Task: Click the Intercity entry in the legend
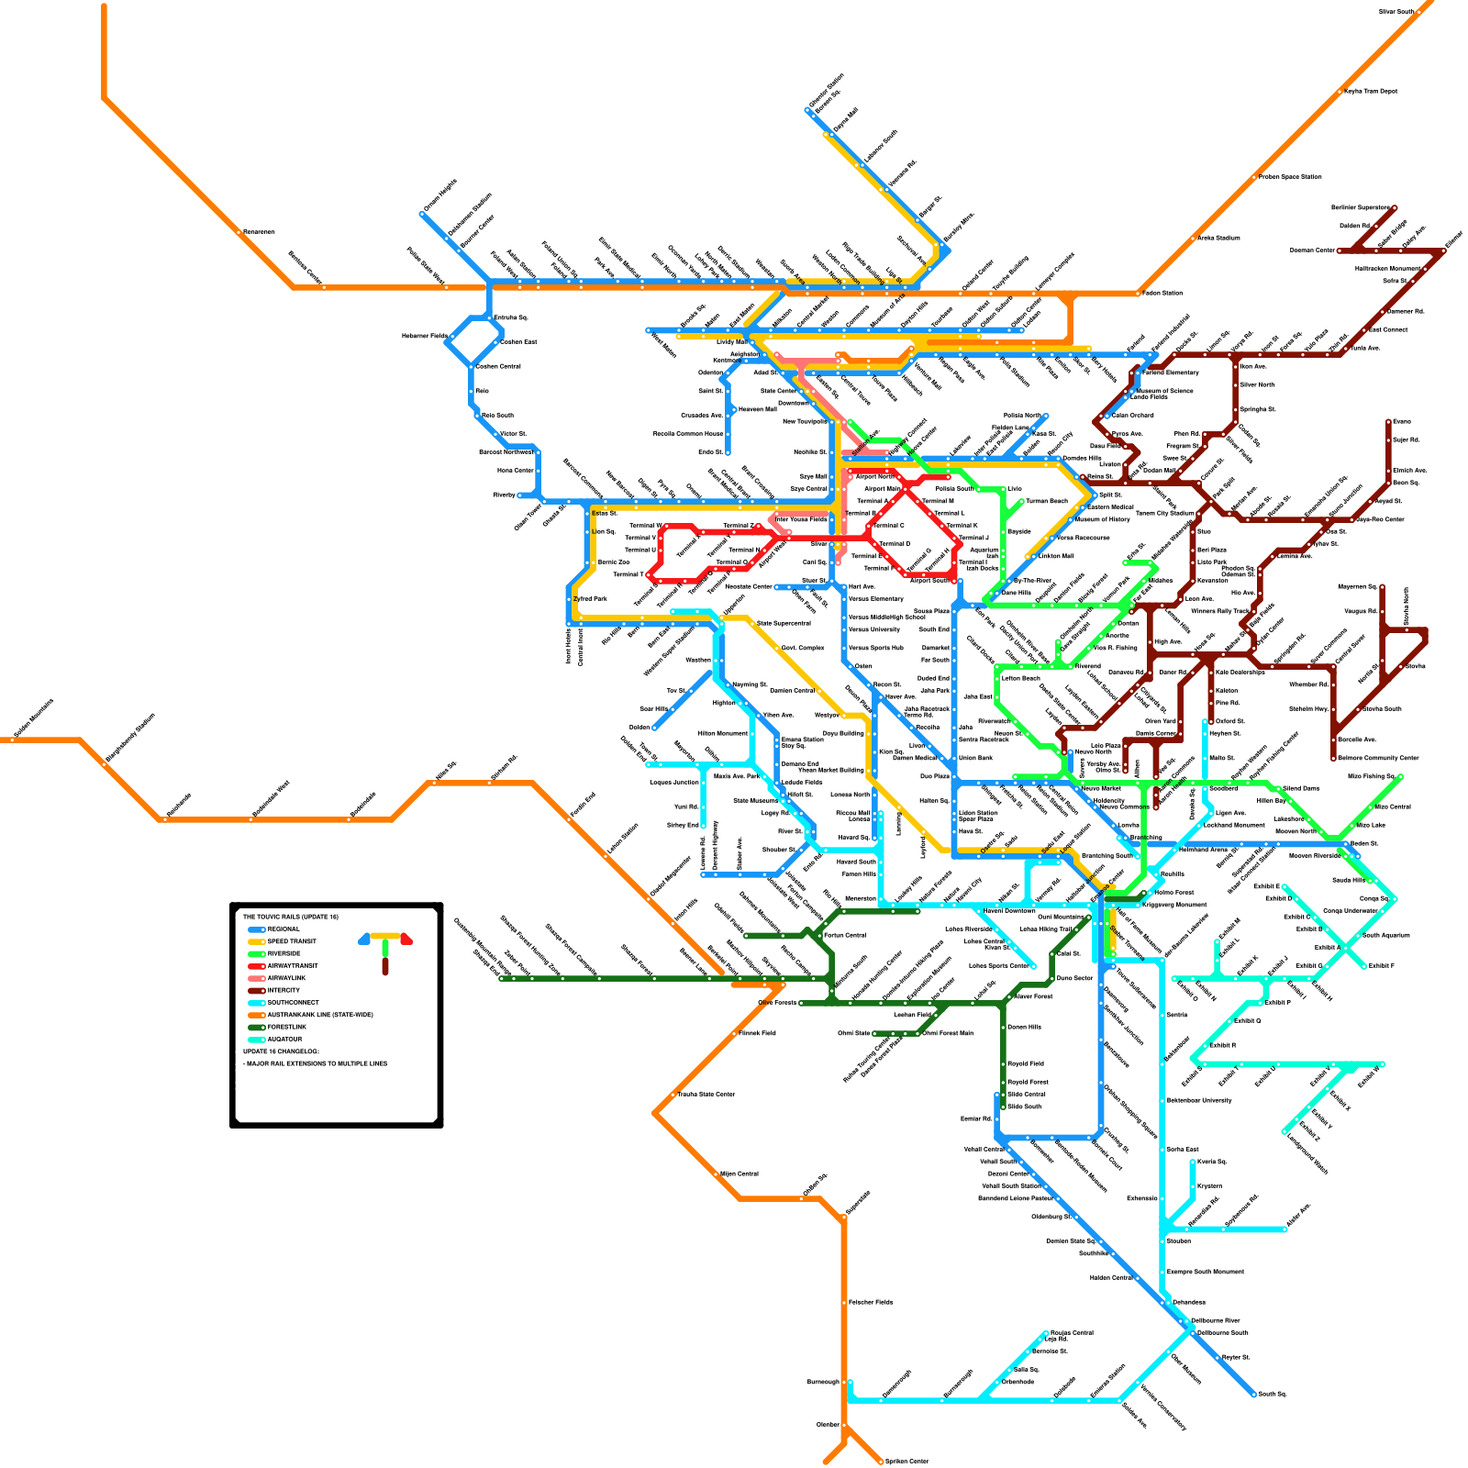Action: [284, 991]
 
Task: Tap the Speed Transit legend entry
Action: [292, 941]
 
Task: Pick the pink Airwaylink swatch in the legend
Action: [257, 978]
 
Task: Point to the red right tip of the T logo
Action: [407, 939]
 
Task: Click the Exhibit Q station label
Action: [1247, 1020]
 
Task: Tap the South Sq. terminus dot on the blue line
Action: [1253, 1395]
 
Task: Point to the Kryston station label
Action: [1209, 1186]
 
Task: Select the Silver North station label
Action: [1257, 384]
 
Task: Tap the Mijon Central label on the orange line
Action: [740, 1173]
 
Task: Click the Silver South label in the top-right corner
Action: [1397, 11]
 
